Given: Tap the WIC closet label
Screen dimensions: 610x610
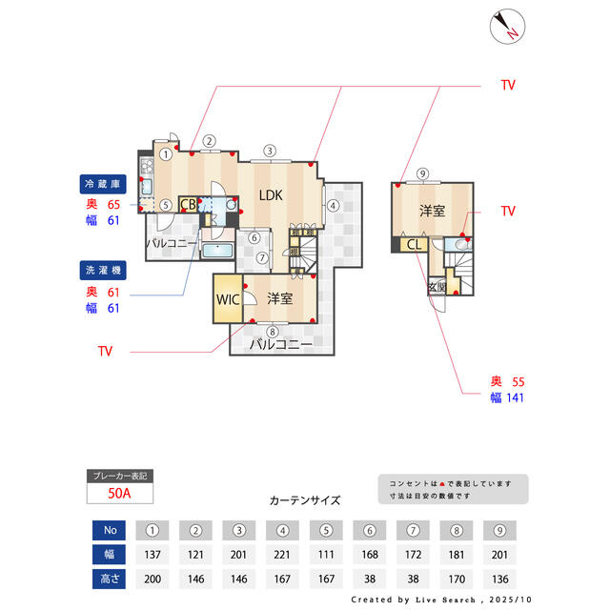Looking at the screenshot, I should click(227, 298).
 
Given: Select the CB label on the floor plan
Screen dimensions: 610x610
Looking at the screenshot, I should click(189, 204).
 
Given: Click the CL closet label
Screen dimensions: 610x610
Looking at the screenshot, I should click(414, 245).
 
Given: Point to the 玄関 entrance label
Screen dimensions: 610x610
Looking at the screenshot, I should click(437, 286).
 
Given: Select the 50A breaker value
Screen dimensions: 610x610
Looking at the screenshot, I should click(119, 493).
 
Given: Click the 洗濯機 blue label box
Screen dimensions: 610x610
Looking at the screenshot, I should click(100, 271).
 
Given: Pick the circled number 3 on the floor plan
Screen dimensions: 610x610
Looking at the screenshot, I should click(270, 151).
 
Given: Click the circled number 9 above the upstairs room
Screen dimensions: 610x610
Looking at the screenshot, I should click(422, 173).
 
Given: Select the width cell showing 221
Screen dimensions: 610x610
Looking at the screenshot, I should click(282, 555).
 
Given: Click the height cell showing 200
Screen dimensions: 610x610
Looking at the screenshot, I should click(152, 579).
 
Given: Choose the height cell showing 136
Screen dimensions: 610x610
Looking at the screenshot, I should click(498, 579).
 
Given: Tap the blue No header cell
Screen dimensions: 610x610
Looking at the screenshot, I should click(110, 531).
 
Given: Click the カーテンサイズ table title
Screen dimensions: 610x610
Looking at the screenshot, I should click(305, 499).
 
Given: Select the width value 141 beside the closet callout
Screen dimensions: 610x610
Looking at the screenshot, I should click(515, 397).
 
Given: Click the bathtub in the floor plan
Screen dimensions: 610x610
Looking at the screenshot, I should click(218, 253).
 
